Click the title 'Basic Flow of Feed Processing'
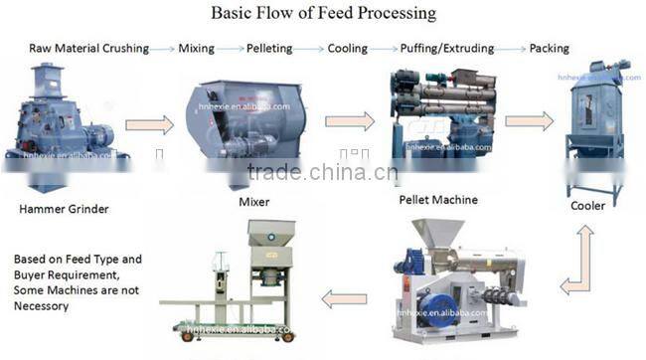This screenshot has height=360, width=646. tap(322, 13)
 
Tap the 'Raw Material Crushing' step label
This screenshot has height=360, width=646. tap(88, 48)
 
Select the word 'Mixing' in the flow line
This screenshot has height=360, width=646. tap(196, 48)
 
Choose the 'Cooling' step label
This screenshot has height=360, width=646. tap(348, 48)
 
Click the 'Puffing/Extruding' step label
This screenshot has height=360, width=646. tap(446, 48)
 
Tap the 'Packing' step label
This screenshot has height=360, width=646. tap(550, 48)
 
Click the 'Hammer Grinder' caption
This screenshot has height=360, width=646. tap(64, 209)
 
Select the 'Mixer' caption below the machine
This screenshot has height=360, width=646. tap(254, 202)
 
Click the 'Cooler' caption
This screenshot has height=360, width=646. tap(587, 207)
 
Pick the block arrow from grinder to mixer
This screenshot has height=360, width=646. tap(149, 125)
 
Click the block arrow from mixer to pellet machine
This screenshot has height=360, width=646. tap(350, 121)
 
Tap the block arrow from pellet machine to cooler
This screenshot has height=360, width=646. tap(529, 121)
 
